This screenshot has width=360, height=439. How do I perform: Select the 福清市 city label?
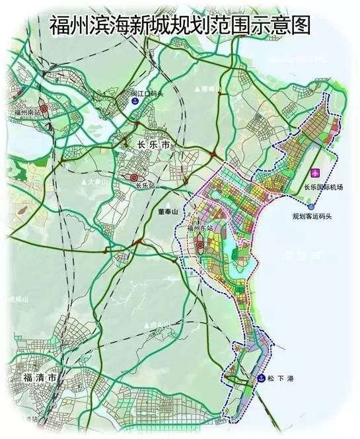37,377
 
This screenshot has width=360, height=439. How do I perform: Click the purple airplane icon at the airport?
315,173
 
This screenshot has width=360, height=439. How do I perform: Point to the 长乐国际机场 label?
324,186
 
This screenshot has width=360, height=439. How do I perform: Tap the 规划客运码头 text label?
314,216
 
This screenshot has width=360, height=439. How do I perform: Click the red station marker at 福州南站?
43,108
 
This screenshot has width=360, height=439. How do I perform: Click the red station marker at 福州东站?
200,247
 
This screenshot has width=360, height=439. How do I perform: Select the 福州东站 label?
201,228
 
